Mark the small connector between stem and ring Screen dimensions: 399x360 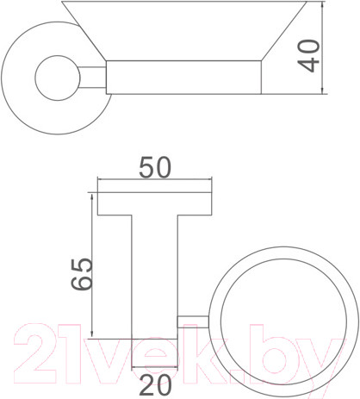tap(191, 321)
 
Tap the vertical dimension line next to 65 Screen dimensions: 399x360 tap(89, 267)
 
